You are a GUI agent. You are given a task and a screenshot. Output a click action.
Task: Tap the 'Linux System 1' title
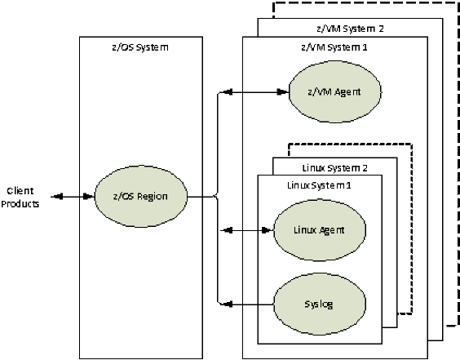(x=320, y=184)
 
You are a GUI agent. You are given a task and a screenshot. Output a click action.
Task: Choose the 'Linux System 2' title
(x=335, y=168)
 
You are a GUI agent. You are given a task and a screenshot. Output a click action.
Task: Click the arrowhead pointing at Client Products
(x=55, y=196)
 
